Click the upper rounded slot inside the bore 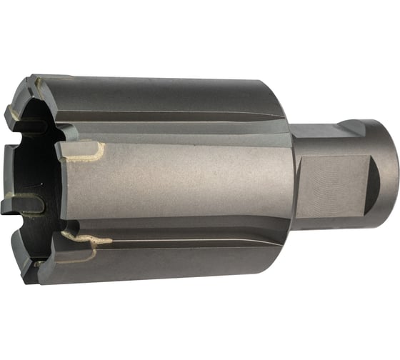21,126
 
